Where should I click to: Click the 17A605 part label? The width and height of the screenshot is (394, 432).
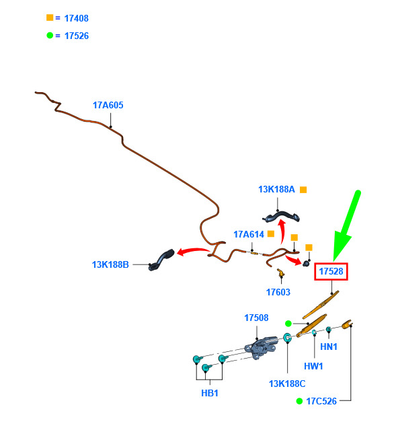(x=108, y=105)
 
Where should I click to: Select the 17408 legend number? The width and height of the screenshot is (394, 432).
(x=76, y=18)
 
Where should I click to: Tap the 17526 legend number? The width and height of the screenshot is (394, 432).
(x=77, y=36)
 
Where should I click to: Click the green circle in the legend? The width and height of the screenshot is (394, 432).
(x=50, y=35)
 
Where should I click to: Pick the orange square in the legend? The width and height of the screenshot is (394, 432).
(x=50, y=17)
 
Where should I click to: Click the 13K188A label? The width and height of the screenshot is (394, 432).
(x=276, y=189)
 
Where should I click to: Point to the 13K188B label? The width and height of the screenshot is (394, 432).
(x=110, y=264)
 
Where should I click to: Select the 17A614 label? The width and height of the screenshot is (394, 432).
(x=249, y=234)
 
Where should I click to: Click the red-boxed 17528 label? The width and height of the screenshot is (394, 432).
(x=331, y=271)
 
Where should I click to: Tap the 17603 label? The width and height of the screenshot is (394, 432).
(x=278, y=292)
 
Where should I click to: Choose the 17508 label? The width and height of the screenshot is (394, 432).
(x=256, y=318)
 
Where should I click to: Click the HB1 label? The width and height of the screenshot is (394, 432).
(x=210, y=393)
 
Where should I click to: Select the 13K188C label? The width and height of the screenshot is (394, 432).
(x=287, y=384)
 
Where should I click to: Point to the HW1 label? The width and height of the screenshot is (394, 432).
(x=313, y=366)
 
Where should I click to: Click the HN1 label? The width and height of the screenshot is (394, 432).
(x=329, y=347)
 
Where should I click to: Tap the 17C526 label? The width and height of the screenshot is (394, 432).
(x=321, y=401)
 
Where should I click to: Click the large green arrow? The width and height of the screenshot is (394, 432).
(x=346, y=225)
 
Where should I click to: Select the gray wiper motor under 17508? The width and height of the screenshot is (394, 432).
(x=260, y=348)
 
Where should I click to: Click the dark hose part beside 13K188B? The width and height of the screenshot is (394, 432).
(x=161, y=260)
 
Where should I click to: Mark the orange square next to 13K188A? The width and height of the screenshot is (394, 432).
(x=303, y=190)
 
